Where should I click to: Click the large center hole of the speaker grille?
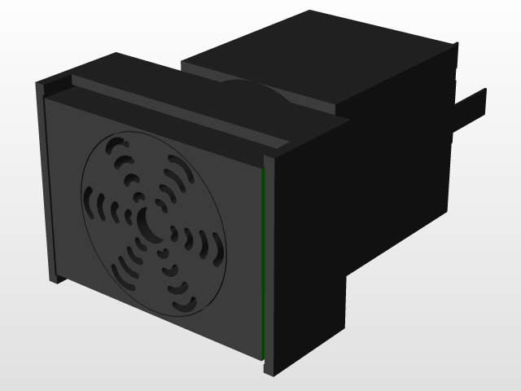(151, 222)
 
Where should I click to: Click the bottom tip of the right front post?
(270, 371)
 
